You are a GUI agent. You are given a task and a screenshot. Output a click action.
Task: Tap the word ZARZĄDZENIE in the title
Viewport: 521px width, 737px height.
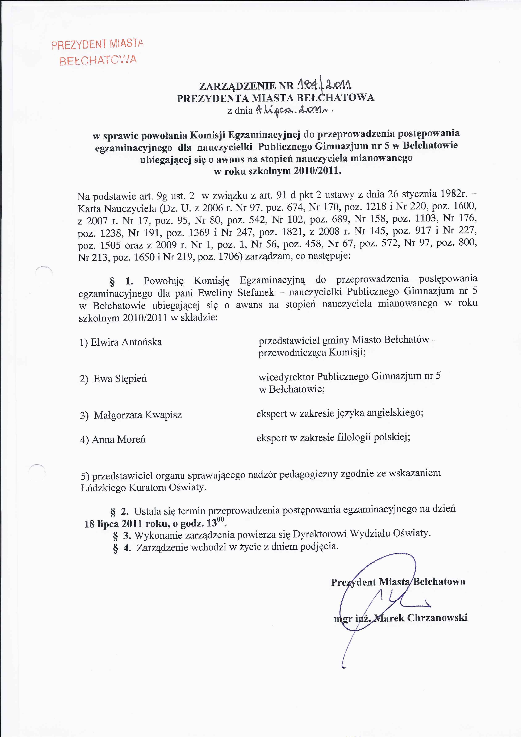pos(237,86)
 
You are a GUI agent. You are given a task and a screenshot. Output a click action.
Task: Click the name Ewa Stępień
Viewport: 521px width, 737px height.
pos(120,379)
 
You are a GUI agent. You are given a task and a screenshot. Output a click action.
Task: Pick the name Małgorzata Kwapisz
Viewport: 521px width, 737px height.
pos(138,415)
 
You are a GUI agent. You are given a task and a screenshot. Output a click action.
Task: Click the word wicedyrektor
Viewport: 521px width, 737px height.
pos(286,376)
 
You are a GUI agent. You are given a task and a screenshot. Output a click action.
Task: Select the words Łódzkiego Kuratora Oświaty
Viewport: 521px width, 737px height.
pos(143,488)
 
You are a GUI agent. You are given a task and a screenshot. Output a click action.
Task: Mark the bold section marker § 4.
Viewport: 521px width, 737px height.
pos(122,548)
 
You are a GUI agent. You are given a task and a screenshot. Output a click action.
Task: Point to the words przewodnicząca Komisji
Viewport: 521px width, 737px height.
pos(312,353)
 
